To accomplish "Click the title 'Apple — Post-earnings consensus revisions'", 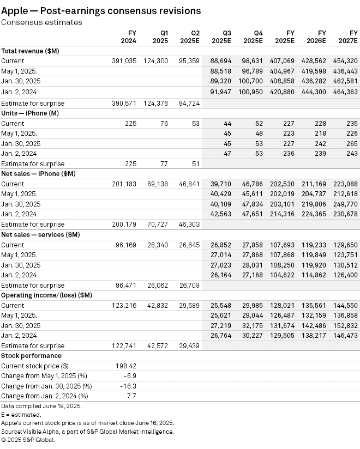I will pos(101,10).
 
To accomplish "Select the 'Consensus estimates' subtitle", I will pos(41,22).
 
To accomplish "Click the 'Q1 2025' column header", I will pos(160,37).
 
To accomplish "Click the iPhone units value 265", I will pos(352,143).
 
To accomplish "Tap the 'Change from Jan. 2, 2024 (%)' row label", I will pos(45,396).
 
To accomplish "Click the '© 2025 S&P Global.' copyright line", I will pos(28,439).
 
